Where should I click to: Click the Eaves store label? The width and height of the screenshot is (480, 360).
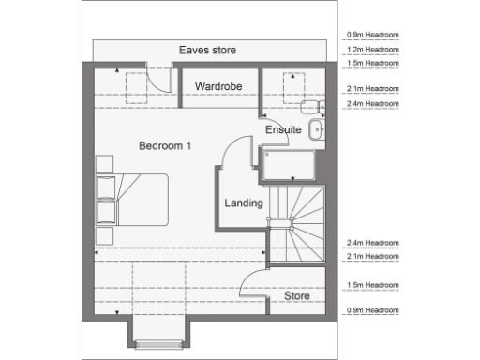209,50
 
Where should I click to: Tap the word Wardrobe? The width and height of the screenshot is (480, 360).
218,86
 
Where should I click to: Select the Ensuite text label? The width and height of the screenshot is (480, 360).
283,130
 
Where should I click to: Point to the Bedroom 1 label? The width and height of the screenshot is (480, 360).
165,145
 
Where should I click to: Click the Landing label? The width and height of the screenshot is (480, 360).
243,202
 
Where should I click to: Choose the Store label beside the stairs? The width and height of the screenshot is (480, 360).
297,296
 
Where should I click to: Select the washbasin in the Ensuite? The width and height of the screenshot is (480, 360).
316,130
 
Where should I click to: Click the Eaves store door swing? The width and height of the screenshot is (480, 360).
162,79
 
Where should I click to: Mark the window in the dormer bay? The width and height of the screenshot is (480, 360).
161,344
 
